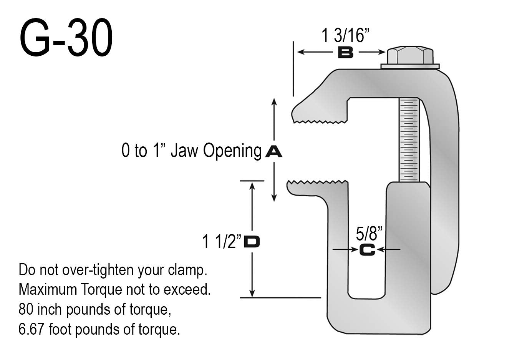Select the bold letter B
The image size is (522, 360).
click(345, 53)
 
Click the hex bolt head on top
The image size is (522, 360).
click(410, 56)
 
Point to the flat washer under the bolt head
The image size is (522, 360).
click(410, 66)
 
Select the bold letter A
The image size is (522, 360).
click(273, 151)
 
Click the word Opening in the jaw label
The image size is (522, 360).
click(232, 151)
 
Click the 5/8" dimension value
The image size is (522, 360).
click(369, 234)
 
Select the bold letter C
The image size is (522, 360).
click(367, 250)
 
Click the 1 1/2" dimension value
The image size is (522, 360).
click(222, 242)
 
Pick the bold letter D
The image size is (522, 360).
click(252, 242)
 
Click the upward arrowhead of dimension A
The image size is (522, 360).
click(274, 101)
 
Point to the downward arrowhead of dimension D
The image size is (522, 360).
click(252, 294)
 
